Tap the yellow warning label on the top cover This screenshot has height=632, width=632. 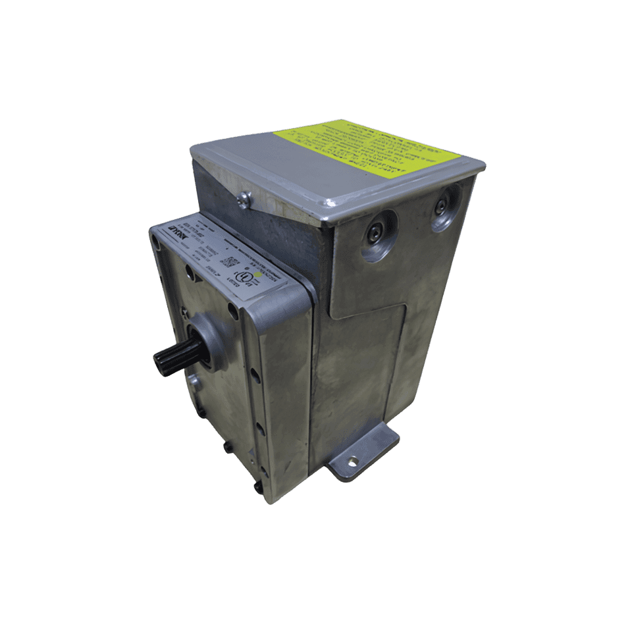(366, 148)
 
